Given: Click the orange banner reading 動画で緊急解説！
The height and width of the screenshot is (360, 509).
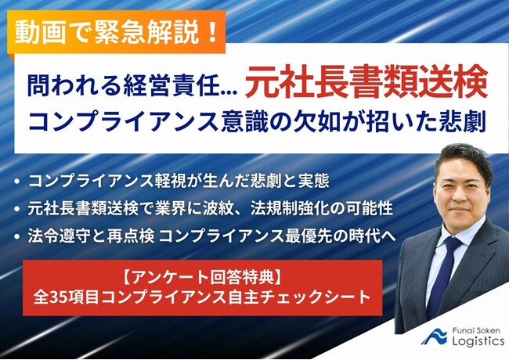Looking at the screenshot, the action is pos(117,32).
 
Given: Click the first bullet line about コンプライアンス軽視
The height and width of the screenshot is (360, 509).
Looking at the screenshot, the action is pos(179,181).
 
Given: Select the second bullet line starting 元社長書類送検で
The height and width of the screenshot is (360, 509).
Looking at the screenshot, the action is pos(211,208).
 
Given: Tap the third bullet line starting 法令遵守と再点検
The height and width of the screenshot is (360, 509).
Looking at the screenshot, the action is pos(212,236).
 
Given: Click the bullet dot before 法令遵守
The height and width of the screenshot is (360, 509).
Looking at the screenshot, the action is pos(17,236).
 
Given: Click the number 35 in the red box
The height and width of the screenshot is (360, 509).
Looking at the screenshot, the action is pos(58,297).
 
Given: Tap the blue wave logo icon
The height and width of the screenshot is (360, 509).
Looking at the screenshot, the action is pos(435,337).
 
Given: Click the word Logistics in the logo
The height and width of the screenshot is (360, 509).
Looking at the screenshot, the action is pos(478,341).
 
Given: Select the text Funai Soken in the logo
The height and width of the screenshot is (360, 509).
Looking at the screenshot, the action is pos(476,331).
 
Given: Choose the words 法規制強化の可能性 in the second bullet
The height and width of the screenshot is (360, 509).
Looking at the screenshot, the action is pos(321,208).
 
